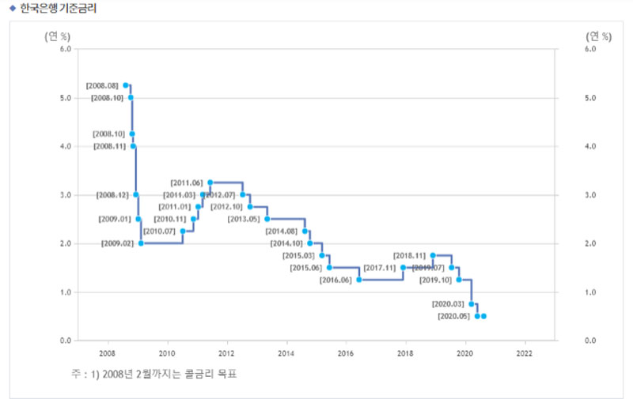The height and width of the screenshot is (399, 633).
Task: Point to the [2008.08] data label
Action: pyautogui.click(x=103, y=85)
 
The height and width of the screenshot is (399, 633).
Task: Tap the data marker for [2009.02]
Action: pyautogui.click(x=141, y=243)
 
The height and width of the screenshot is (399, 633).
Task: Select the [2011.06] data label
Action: pyautogui.click(x=187, y=183)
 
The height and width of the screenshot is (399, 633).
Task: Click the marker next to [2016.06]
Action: pyautogui.click(x=359, y=280)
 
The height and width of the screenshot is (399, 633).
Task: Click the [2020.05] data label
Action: pyautogui.click(x=453, y=316)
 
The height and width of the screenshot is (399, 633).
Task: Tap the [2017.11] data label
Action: pyautogui.click(x=379, y=268)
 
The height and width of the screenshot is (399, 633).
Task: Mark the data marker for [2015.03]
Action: pyautogui.click(x=322, y=255)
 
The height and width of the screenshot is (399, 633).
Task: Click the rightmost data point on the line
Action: pyautogui.click(x=483, y=316)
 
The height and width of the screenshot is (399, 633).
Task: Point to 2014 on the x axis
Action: pyautogui.click(x=286, y=353)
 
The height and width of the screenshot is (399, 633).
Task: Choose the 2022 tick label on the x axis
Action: pyautogui.click(x=525, y=353)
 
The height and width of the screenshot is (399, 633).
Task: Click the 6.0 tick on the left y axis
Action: pyautogui.click(x=66, y=49)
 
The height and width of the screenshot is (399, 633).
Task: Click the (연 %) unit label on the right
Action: pyautogui.click(x=598, y=36)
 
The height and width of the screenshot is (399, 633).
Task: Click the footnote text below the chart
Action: pyautogui.click(x=154, y=373)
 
